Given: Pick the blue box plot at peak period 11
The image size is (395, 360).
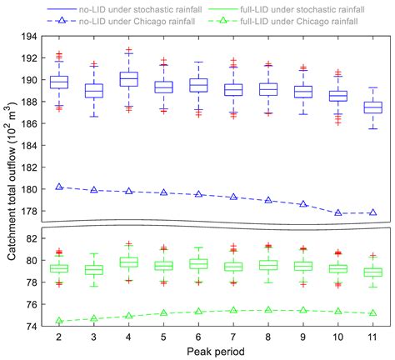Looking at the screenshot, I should (x=372, y=107).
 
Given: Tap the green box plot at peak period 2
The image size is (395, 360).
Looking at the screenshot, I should (x=59, y=268).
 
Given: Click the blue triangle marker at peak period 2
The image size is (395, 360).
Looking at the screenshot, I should (x=59, y=187).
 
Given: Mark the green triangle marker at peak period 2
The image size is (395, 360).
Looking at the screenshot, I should (x=59, y=321).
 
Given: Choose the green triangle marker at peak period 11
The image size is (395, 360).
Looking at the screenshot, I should (x=372, y=313).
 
